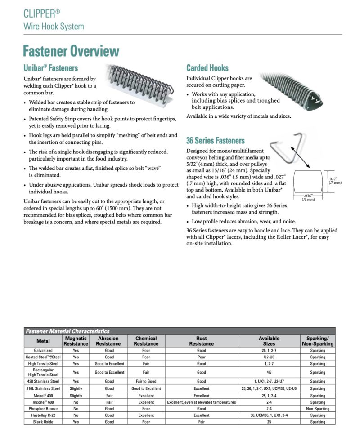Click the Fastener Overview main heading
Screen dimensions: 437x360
pyautogui.click(x=71, y=51)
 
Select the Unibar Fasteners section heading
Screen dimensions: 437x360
pyautogui.click(x=50, y=68)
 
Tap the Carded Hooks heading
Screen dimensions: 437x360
pyautogui.click(x=207, y=68)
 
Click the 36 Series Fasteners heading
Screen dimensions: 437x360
pyautogui.click(x=216, y=140)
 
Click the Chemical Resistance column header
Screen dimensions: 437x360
pyautogui.click(x=146, y=341)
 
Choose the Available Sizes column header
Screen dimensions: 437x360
pyautogui.click(x=269, y=341)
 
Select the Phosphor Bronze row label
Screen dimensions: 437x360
pyautogui.click(x=43, y=409)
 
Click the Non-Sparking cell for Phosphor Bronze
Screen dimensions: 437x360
pyautogui.click(x=317, y=409)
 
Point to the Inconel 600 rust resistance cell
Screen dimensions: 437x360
pyautogui.click(x=201, y=402)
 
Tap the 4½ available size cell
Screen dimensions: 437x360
pyautogui.click(x=269, y=372)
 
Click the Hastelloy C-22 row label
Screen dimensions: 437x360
pyautogui.click(x=43, y=415)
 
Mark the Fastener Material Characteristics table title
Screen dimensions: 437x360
pyautogui.click(x=67, y=331)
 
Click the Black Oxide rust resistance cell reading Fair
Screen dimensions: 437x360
pyautogui.click(x=201, y=422)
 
